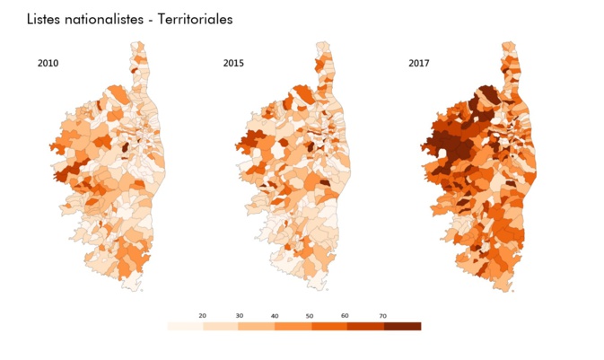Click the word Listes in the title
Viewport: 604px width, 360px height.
pos(45,19)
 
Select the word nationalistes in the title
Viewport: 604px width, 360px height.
pos(106,19)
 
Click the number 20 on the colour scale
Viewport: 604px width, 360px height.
pos(203,315)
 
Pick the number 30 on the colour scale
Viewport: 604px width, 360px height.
pos(239,315)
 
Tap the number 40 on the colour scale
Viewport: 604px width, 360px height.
pos(275,315)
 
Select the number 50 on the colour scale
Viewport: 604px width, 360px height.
pos(311,315)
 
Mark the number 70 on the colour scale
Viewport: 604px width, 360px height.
pos(383,315)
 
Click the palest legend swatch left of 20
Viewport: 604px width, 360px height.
pos(185,326)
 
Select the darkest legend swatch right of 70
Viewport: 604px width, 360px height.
pos(402,326)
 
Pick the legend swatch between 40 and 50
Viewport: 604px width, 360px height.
pos(293,326)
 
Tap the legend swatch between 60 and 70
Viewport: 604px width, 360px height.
pos(365,326)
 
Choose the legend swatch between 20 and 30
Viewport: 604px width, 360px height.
pos(221,326)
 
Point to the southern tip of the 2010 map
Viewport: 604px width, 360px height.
pos(134,289)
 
